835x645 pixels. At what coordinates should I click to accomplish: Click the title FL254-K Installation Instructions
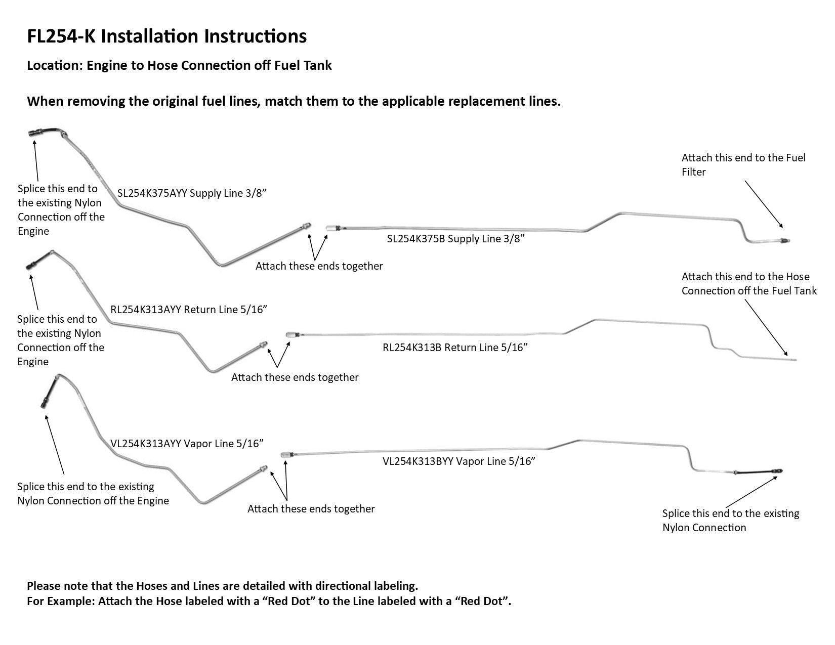[x=166, y=36]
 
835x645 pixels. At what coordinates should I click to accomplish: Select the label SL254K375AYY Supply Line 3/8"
[x=192, y=193]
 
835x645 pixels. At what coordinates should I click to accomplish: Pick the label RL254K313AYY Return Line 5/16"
[x=188, y=310]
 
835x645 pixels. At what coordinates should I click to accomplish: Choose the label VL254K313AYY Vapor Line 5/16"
[x=187, y=444]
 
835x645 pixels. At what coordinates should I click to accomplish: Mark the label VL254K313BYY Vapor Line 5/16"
[x=458, y=461]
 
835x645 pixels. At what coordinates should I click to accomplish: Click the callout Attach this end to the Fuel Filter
[x=743, y=165]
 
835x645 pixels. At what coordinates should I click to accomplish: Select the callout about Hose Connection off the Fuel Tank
[x=748, y=284]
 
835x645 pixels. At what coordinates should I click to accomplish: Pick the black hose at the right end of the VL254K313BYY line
[x=757, y=472]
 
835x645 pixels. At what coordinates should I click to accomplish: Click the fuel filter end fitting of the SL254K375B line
[x=784, y=240]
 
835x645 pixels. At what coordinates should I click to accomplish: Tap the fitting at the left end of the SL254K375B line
[x=331, y=228]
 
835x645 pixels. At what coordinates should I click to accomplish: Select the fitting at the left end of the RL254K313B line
[x=292, y=334]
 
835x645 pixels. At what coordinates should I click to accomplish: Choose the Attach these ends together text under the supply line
[x=319, y=266]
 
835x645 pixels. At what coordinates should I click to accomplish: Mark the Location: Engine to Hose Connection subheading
[x=179, y=65]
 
